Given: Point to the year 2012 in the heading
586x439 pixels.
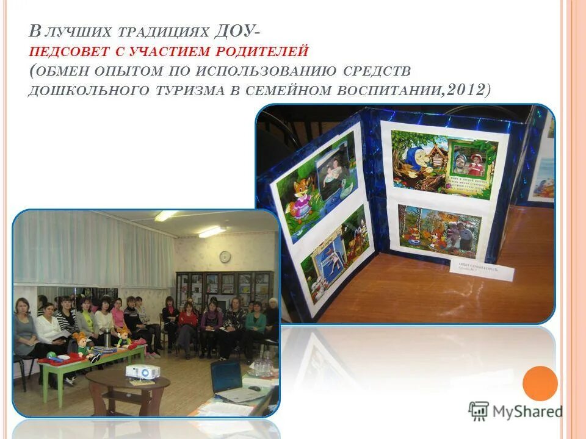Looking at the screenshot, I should pyautogui.click(x=466, y=89).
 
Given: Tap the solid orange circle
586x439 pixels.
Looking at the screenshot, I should pyautogui.click(x=540, y=383).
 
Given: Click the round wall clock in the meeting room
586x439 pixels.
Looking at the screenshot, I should pyautogui.click(x=225, y=257).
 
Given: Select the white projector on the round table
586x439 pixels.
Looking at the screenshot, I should pyautogui.click(x=142, y=371).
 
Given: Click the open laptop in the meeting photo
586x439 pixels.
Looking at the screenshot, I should pyautogui.click(x=228, y=378).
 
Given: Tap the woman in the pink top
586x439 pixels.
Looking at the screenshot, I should pyautogui.click(x=118, y=317).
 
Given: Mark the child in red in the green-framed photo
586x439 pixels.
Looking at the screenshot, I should pyautogui.click(x=477, y=163).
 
